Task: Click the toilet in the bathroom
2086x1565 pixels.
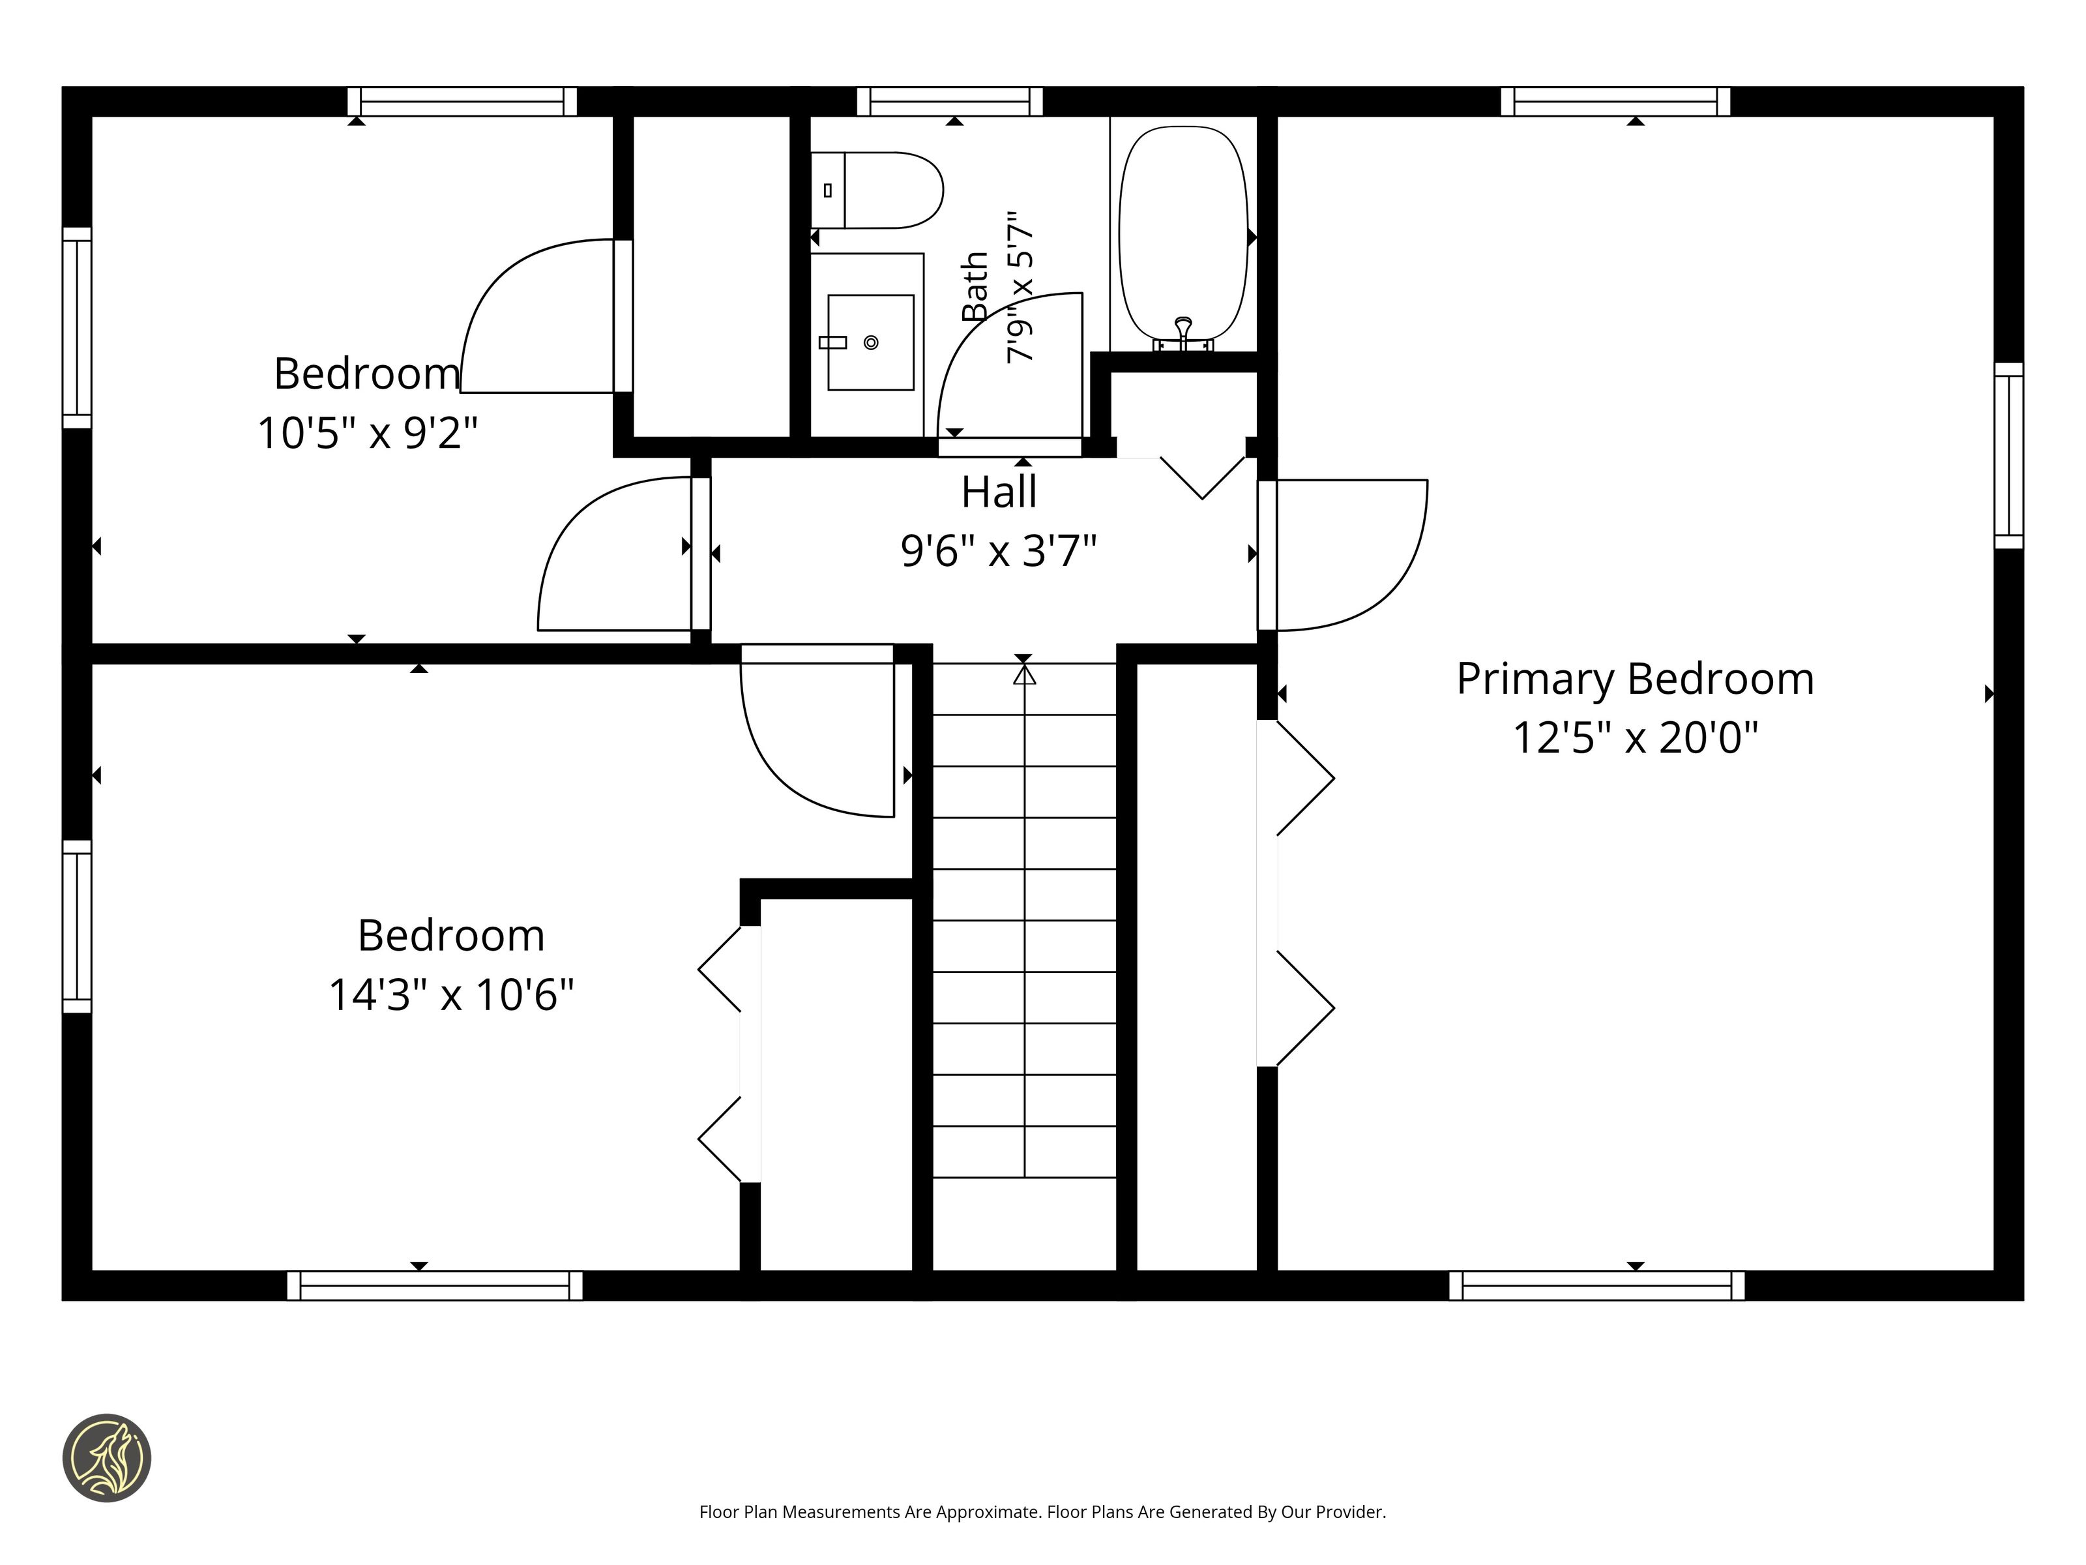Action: click(877, 190)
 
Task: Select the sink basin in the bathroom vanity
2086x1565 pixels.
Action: click(870, 342)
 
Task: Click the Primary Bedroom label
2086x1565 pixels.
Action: click(1635, 679)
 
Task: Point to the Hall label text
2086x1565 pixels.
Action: click(999, 492)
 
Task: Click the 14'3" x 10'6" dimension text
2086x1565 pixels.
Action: click(451, 994)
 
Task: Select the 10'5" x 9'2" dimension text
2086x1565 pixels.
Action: click(367, 433)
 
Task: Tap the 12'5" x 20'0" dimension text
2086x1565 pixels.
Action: click(1635, 737)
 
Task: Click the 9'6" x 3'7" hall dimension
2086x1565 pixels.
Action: click(999, 551)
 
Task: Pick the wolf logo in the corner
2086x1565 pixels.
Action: click(106, 1457)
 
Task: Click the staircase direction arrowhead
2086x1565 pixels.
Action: click(1024, 674)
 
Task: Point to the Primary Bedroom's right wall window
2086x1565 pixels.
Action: click(2008, 456)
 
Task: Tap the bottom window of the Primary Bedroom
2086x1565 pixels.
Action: click(1596, 1286)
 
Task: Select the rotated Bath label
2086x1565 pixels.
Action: click(975, 286)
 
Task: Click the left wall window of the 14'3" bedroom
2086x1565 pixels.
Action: click(78, 927)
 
